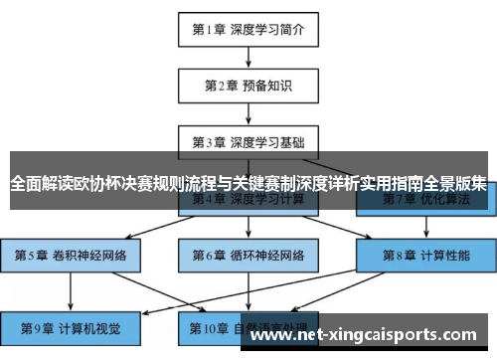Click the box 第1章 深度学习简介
[248, 30]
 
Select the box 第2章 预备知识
[248, 86]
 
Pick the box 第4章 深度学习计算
[248, 199]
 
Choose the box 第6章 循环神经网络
[248, 255]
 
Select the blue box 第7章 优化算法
[427, 199]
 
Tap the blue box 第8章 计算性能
[427, 255]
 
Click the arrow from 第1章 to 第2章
[248, 58]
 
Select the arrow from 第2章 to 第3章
[248, 113]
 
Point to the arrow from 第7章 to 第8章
[427, 227]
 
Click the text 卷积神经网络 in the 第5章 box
[88, 255]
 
